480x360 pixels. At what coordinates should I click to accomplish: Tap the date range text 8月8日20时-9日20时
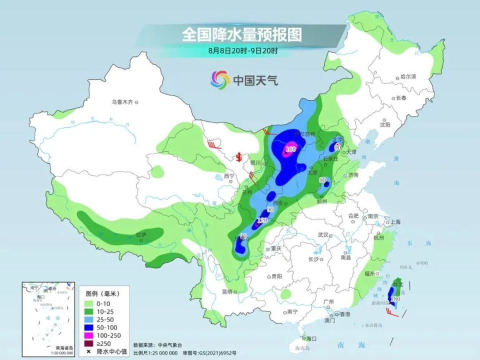pos(243,50)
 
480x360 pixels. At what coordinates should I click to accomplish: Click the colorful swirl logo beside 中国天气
pos(219,79)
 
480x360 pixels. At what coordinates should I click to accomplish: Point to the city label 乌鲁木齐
pos(122,102)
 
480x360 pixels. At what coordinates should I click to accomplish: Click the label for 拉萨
pos(140,234)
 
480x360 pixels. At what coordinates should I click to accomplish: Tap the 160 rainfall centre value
pos(291,148)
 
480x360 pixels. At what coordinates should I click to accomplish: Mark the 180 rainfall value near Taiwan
pos(395,299)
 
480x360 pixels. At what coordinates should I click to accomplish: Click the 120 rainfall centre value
pos(262,220)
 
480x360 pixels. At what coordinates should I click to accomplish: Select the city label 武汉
pos(322,234)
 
